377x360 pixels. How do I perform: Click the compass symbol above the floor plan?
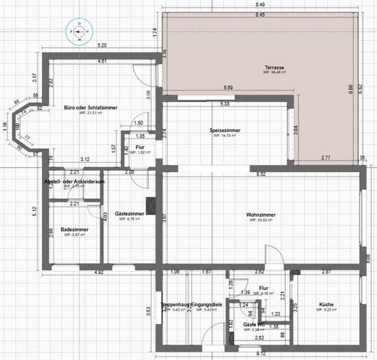point(79,31)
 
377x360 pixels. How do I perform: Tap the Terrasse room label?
point(273,67)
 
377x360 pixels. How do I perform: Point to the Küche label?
point(327,305)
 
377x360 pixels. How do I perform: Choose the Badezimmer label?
point(73,229)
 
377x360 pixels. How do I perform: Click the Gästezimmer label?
point(129,214)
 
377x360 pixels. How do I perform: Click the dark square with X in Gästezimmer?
point(151,206)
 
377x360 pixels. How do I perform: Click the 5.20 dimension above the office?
point(102,46)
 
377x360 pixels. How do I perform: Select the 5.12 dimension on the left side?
point(34,209)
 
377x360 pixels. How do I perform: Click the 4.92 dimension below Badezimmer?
point(99,273)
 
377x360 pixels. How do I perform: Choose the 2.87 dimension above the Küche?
point(326,273)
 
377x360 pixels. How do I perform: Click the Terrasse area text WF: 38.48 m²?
point(273,73)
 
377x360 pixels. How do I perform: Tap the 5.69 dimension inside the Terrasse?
point(228,87)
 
